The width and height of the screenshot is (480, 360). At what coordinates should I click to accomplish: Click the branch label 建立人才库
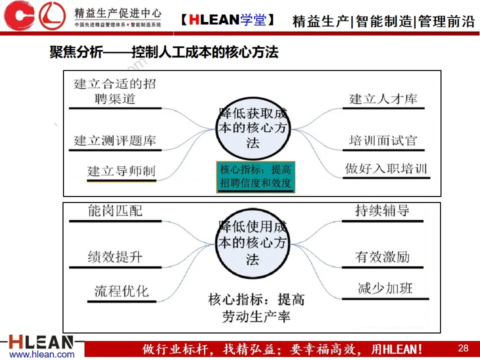(383, 99)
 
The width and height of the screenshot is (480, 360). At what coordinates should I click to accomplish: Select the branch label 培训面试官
(383, 140)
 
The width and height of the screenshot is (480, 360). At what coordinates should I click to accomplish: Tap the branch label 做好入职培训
(386, 168)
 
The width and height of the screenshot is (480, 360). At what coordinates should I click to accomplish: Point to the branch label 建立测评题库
(115, 140)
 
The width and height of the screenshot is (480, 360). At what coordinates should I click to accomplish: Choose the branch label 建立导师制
(121, 171)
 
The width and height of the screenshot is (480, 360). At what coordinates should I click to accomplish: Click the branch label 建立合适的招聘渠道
(115, 91)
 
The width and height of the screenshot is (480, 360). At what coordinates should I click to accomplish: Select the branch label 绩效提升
(115, 257)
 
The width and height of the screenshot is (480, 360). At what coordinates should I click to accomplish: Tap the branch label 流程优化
(121, 290)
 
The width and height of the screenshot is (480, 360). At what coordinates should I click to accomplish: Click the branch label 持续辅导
(382, 210)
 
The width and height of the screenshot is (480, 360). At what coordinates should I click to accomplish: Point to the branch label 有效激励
(382, 257)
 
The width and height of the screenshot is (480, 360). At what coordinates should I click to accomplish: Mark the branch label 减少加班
(385, 288)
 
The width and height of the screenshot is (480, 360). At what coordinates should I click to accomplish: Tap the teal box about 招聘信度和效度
(255, 176)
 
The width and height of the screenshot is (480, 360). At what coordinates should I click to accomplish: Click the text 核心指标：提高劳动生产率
(256, 308)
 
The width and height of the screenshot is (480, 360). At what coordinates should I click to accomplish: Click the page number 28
(463, 348)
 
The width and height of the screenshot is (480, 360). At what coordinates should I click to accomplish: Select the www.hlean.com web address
(42, 354)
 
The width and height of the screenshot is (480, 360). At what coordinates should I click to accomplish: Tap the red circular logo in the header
(52, 15)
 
